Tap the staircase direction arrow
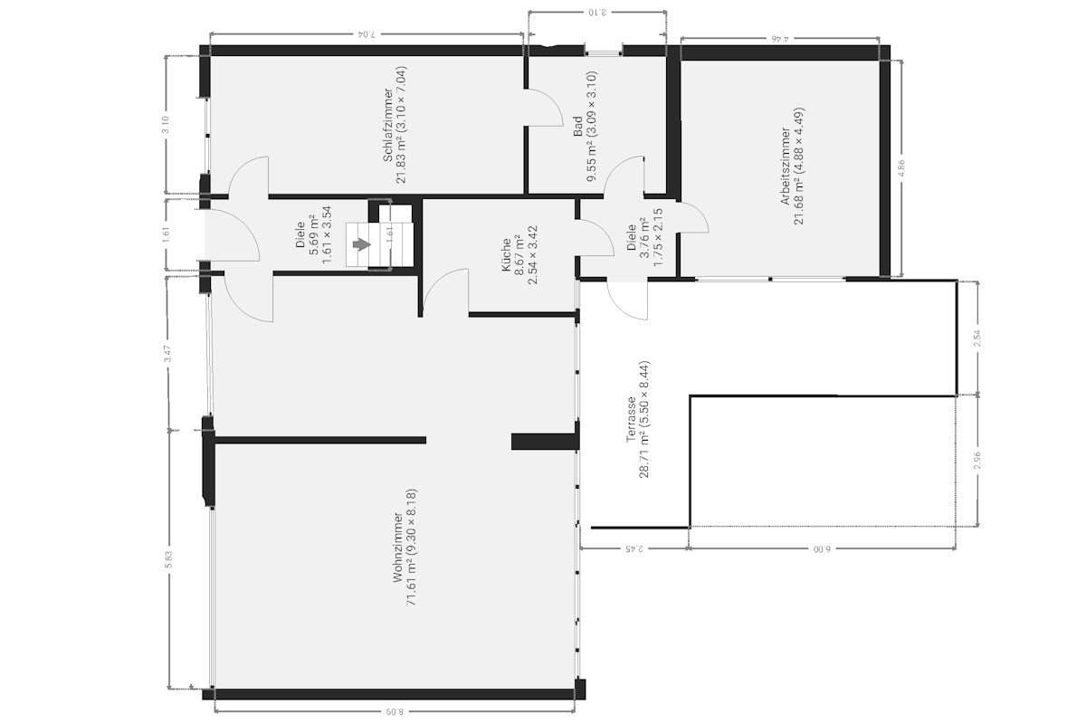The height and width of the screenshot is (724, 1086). pos(361,244)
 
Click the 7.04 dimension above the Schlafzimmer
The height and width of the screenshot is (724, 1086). pos(367,34)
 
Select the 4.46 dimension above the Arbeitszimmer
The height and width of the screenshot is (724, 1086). pos(780,38)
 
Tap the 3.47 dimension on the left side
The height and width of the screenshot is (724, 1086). pos(167,354)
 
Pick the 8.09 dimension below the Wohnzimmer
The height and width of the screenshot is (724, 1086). pos(395,712)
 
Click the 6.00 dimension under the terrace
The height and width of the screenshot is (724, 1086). pos(822,549)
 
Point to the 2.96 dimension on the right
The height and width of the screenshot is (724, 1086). pos(977,461)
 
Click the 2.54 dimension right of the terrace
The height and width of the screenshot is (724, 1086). pos(977,338)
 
